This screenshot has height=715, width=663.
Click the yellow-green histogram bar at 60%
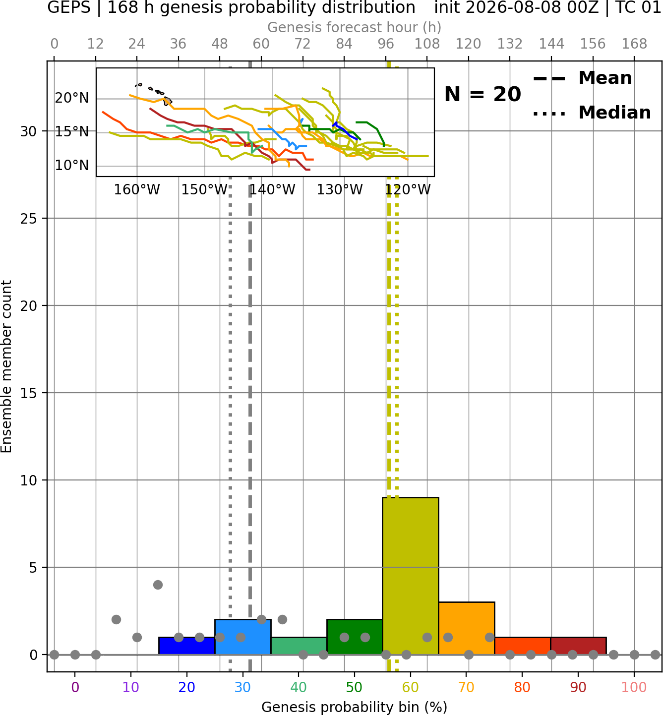click(x=411, y=576)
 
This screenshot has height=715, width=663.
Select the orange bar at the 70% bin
click(x=467, y=628)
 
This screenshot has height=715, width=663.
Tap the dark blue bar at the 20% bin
click(x=187, y=646)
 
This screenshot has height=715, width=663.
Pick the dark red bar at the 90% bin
click(x=578, y=646)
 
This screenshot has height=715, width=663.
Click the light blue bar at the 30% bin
click(x=242, y=637)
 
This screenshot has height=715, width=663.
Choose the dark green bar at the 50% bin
click(x=355, y=637)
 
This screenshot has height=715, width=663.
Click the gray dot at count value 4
click(x=158, y=585)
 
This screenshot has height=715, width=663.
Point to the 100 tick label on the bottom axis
click(x=634, y=688)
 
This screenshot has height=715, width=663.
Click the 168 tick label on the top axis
click(x=634, y=44)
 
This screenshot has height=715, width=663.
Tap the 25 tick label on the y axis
click(x=29, y=219)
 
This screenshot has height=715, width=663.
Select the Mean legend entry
click(x=582, y=78)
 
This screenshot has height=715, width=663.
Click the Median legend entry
click(x=592, y=113)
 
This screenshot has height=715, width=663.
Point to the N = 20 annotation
click(x=482, y=94)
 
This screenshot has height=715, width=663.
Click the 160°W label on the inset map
click(x=137, y=190)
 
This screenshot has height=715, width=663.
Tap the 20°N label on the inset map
click(x=72, y=98)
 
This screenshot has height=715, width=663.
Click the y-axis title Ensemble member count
click(x=6, y=366)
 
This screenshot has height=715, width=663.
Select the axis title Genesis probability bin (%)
click(x=355, y=707)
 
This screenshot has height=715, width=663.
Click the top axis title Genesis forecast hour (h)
click(x=355, y=27)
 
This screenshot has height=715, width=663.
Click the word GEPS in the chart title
click(x=69, y=7)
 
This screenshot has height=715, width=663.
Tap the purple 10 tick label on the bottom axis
click(x=131, y=688)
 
